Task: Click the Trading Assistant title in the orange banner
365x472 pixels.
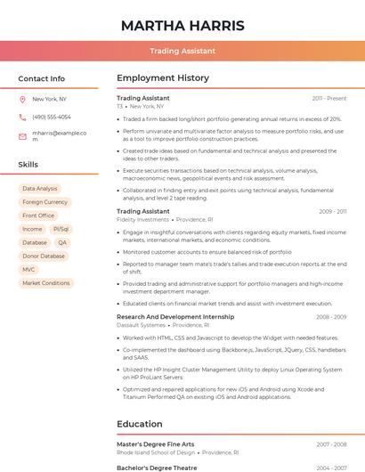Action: [182, 51]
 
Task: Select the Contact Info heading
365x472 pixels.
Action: [41, 78]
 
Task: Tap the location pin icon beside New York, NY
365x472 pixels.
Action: [22, 99]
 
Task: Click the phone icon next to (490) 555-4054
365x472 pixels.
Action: [22, 117]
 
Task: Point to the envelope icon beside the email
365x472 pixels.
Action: [22, 136]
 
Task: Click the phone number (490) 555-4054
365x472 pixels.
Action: [52, 117]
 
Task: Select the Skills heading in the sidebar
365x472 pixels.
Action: [28, 165]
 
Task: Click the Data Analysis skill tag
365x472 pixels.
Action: [40, 189]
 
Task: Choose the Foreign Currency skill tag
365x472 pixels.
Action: [45, 202]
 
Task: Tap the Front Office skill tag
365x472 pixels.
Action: [38, 216]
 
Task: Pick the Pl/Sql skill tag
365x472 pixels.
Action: [61, 229]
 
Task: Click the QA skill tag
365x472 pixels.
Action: [62, 242]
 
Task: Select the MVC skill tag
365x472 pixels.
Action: [29, 269]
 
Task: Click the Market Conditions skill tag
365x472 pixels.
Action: [45, 283]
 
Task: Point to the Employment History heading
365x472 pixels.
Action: [162, 78]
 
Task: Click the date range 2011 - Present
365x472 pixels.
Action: [328, 99]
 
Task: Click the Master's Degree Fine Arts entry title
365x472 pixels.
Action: [155, 444]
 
